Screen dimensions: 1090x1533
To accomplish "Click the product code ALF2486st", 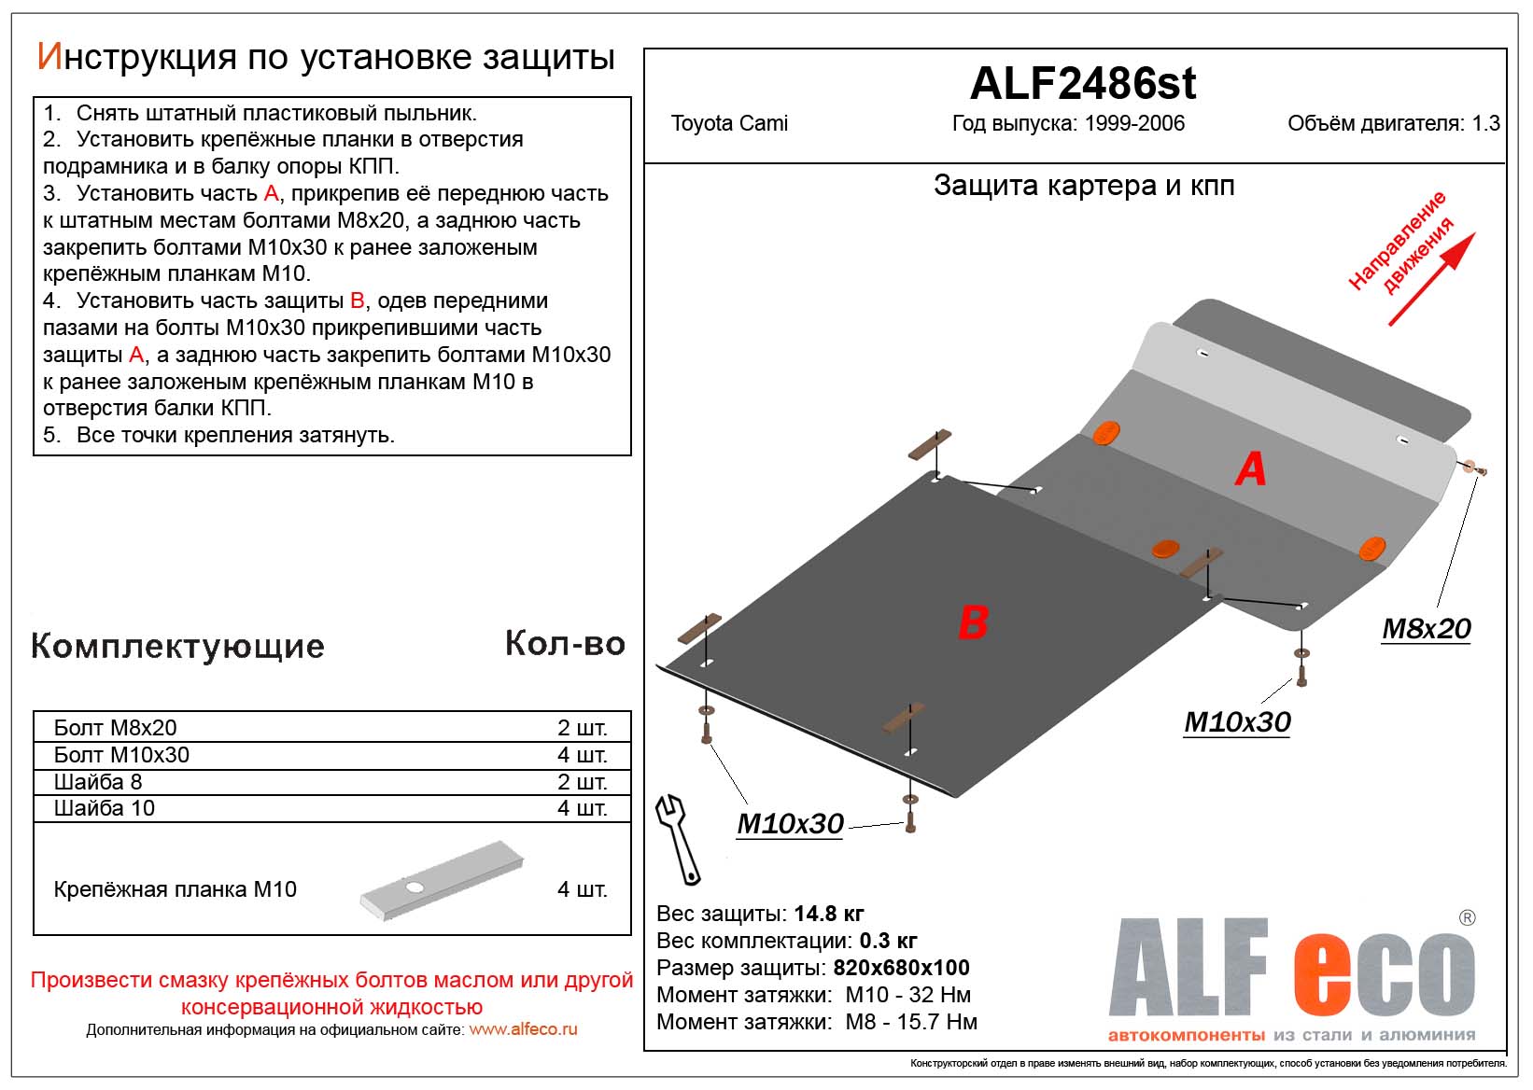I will tap(1082, 84).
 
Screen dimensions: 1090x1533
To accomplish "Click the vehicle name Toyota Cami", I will tap(729, 123).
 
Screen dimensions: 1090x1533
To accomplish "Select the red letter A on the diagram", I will tap(1250, 468).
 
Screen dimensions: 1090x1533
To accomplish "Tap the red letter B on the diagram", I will tap(973, 622).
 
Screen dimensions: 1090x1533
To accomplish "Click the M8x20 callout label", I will tap(1426, 629).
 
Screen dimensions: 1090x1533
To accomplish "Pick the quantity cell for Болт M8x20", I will tap(582, 728).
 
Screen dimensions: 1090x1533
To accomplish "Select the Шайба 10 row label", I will tap(105, 808).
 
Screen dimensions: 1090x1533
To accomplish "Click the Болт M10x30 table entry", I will tap(121, 755).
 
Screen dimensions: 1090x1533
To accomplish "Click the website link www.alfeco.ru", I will tap(523, 1029).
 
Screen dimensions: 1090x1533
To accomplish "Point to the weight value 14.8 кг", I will tap(829, 914).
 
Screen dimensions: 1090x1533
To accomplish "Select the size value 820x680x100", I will tap(901, 968).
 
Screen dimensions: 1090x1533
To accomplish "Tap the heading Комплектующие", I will tap(177, 646).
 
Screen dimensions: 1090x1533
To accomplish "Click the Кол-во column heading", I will tap(565, 644).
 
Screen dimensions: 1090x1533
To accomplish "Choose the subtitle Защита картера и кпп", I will tap(1083, 186).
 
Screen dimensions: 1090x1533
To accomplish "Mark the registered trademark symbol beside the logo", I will tap(1467, 918).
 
